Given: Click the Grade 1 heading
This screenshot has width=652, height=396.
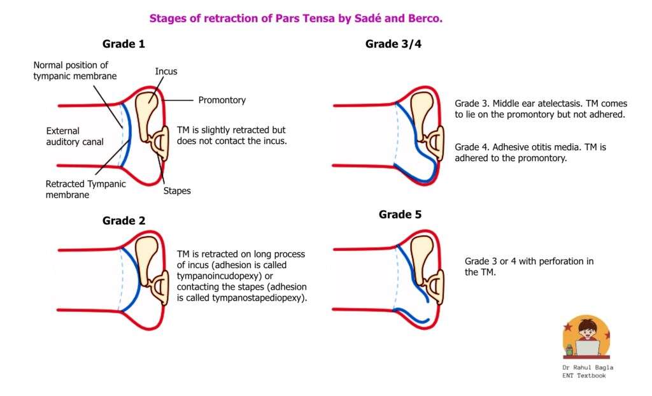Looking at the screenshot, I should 128,44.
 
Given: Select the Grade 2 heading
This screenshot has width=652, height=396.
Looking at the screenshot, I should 124,221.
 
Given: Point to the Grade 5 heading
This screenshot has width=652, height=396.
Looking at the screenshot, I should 400,215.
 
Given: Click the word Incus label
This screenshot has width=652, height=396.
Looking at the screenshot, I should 166,71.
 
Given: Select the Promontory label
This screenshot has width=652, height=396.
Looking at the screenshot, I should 222,100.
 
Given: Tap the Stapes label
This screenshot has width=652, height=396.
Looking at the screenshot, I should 176,190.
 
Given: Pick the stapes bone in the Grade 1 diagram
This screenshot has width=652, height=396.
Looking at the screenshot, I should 160,144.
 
